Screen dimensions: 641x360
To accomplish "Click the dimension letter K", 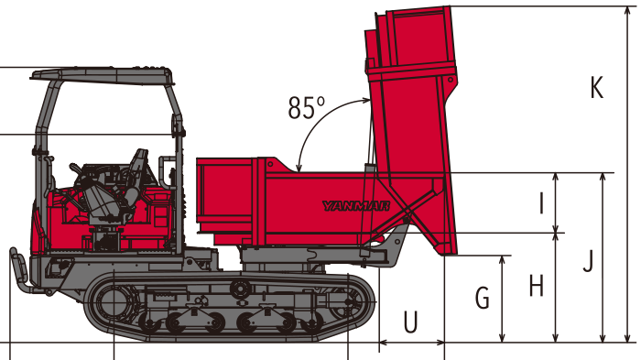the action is coord(597,88).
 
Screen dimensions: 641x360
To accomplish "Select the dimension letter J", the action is coord(588,261).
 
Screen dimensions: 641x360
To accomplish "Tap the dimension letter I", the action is coord(542,203).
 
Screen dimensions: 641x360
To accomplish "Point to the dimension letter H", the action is coord(537,286).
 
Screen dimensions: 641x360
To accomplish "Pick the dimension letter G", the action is coord(483,298).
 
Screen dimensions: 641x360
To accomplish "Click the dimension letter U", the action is coord(411,322).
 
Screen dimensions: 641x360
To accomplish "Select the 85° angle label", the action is coord(307,107).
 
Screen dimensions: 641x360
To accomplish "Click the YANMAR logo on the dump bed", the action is coord(355,206).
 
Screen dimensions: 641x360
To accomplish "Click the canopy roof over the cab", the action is coord(102,75).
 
